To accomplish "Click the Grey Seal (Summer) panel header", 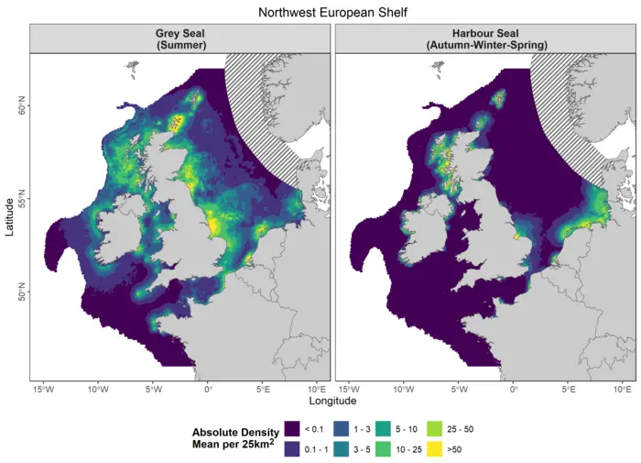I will [x=179, y=39].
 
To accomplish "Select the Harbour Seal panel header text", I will [x=485, y=39].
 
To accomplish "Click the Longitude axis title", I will [x=333, y=401].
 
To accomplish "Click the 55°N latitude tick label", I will [x=20, y=199].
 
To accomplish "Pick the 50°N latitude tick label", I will [x=20, y=293].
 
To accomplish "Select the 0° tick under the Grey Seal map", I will [x=208, y=388].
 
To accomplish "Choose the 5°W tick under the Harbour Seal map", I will [x=457, y=388].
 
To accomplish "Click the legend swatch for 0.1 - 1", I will [x=292, y=449].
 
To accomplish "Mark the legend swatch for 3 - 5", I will [x=340, y=449].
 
